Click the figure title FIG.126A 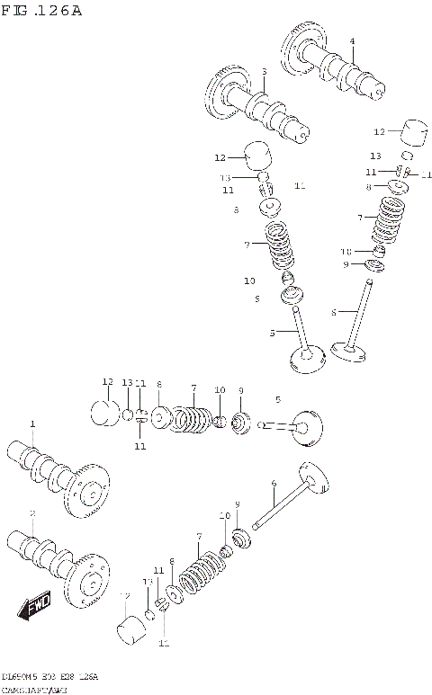point(42,11)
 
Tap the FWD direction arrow point(35,606)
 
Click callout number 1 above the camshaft point(32,423)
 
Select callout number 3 point(264,72)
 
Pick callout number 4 point(352,41)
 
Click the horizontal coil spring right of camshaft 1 point(189,418)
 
